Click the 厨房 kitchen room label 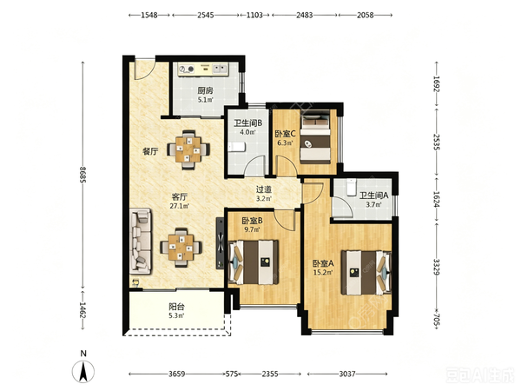coord(205,90)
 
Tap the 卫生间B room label coord(247,123)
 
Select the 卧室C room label coord(285,134)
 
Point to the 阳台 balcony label coord(176,306)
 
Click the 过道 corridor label coord(264,189)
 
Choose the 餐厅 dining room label coord(150,151)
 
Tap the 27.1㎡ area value coord(180,206)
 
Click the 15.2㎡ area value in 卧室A coord(323,273)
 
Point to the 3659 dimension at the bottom coord(176,374)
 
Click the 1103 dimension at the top coord(254,15)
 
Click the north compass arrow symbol coord(83,371)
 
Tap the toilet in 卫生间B coord(236,147)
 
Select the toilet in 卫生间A coord(351,187)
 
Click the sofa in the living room coord(141,241)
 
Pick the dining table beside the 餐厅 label coord(188,149)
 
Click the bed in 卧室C coord(315,136)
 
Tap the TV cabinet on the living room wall coord(221,243)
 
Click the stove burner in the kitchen coord(190,70)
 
